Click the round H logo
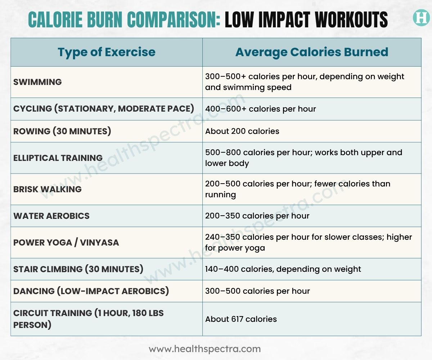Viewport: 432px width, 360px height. pos(420,18)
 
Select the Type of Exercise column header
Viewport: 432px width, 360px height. pos(107,52)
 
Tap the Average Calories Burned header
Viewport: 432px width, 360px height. pos(312,52)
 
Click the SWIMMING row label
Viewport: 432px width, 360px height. pos(37,82)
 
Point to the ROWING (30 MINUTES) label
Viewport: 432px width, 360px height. pos(62,131)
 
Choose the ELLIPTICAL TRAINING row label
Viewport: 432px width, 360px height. pos(58,158)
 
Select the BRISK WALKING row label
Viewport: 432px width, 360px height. pos(48,189)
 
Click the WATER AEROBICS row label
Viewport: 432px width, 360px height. pos(51,216)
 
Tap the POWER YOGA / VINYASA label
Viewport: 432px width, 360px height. pos(66,242)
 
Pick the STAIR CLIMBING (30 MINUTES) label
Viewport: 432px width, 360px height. pos(78,269)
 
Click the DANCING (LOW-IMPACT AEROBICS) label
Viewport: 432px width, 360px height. pos(91,291)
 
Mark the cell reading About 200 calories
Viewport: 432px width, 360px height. pos(242,131)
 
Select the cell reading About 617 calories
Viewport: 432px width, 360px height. pos(241,319)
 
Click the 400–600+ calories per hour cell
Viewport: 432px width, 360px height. pos(261,109)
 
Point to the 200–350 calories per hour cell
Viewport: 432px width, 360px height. pos(257,216)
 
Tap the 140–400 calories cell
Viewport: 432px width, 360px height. pos(283,269)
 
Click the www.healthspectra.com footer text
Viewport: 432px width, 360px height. pos(205,349)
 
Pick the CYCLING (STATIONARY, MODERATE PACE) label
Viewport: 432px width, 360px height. pos(104,109)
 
